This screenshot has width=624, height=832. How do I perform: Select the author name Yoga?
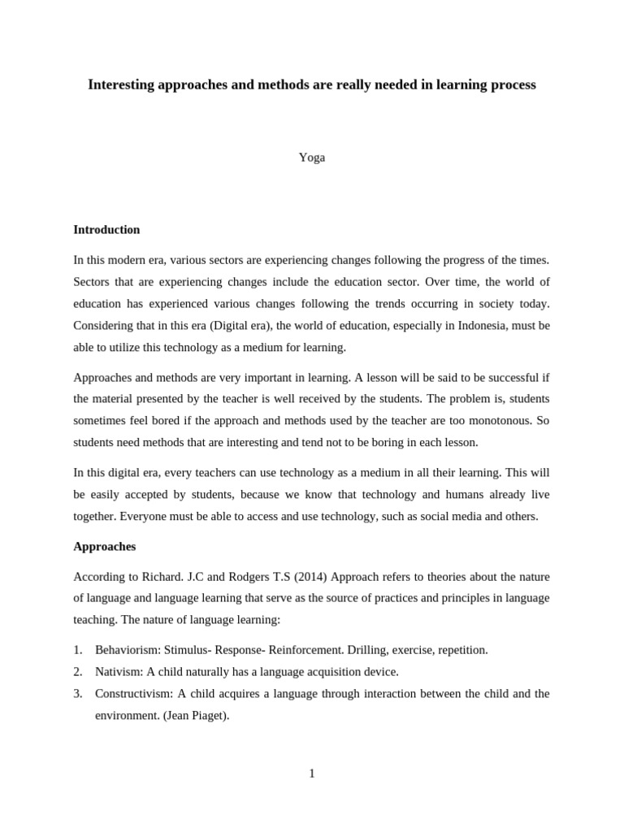[311, 158]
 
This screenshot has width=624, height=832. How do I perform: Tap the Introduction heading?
[106, 230]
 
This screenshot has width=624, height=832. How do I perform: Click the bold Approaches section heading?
[104, 547]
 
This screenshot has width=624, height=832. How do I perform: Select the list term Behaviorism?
[128, 650]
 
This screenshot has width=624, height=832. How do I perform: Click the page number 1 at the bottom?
[312, 773]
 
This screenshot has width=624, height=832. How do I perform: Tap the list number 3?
[77, 694]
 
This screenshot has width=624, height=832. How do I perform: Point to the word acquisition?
[317, 672]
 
